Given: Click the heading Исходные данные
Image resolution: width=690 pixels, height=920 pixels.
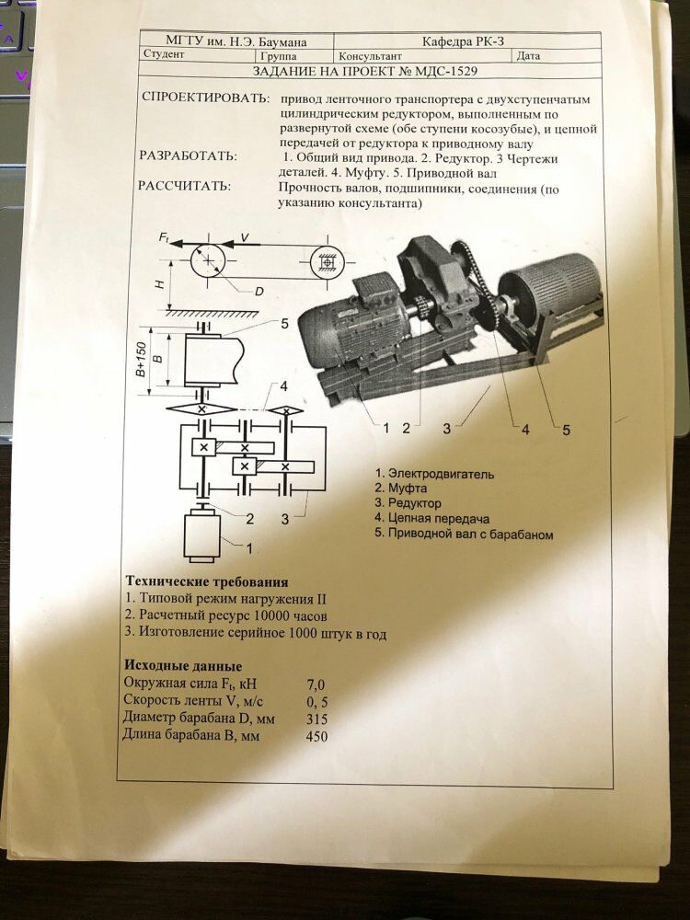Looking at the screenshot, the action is click(182, 665).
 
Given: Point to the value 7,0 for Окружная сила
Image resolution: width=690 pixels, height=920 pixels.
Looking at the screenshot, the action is click(316, 684).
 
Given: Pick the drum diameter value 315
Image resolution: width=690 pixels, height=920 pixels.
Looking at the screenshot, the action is click(316, 718).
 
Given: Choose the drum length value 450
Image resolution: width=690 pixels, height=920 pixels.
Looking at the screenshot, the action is click(316, 735).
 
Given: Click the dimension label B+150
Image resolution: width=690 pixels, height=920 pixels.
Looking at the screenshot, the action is click(141, 359).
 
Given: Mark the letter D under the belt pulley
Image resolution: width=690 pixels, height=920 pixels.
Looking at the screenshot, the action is click(259, 292).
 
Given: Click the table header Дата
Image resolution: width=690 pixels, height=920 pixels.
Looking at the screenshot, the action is click(528, 55).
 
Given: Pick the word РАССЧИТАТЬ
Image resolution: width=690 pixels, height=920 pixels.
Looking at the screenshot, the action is click(185, 186).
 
